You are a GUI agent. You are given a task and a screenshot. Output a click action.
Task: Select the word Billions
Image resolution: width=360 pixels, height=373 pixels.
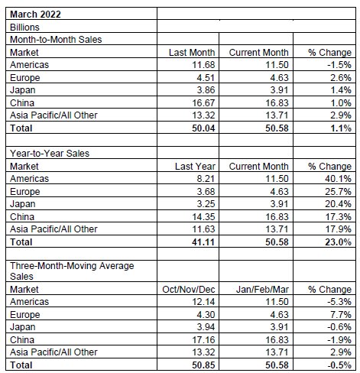24,28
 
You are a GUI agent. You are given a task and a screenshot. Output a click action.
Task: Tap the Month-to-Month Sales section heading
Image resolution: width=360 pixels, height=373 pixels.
56,40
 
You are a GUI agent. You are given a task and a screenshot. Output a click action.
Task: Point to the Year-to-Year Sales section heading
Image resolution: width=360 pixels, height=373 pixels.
50,154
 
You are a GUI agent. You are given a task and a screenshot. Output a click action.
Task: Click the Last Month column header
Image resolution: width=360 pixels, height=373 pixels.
192,53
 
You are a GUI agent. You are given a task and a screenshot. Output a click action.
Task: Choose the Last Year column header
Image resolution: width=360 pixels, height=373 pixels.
195,167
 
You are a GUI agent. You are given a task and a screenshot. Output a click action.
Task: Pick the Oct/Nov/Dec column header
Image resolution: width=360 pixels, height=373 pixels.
189,290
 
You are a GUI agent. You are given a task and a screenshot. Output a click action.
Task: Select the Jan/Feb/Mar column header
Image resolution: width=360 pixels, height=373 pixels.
262,290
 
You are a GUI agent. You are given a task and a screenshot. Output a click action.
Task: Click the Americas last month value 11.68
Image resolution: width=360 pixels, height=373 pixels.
203,65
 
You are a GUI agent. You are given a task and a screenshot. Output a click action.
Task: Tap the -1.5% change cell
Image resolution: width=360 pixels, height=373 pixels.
339,65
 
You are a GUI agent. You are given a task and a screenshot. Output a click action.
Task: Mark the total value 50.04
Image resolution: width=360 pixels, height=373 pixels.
203,128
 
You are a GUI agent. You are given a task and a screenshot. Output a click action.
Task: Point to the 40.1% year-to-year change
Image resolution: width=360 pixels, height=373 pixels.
338,179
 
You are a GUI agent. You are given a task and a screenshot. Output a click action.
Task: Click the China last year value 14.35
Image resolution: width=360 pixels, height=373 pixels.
203,217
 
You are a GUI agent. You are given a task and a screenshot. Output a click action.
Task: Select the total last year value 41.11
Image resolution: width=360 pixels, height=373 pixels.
203,242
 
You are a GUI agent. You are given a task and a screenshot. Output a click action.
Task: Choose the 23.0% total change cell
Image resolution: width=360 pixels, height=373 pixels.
338,242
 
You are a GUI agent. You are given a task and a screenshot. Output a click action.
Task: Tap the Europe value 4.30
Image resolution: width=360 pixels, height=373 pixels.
206,315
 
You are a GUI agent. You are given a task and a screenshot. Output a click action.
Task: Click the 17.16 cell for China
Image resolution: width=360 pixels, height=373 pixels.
203,340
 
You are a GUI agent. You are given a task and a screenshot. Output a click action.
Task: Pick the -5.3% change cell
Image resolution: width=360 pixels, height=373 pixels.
339,302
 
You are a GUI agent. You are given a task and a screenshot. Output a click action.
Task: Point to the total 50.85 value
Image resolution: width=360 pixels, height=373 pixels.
203,365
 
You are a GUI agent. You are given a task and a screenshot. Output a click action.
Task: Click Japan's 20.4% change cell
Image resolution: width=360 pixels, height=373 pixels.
338,204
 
